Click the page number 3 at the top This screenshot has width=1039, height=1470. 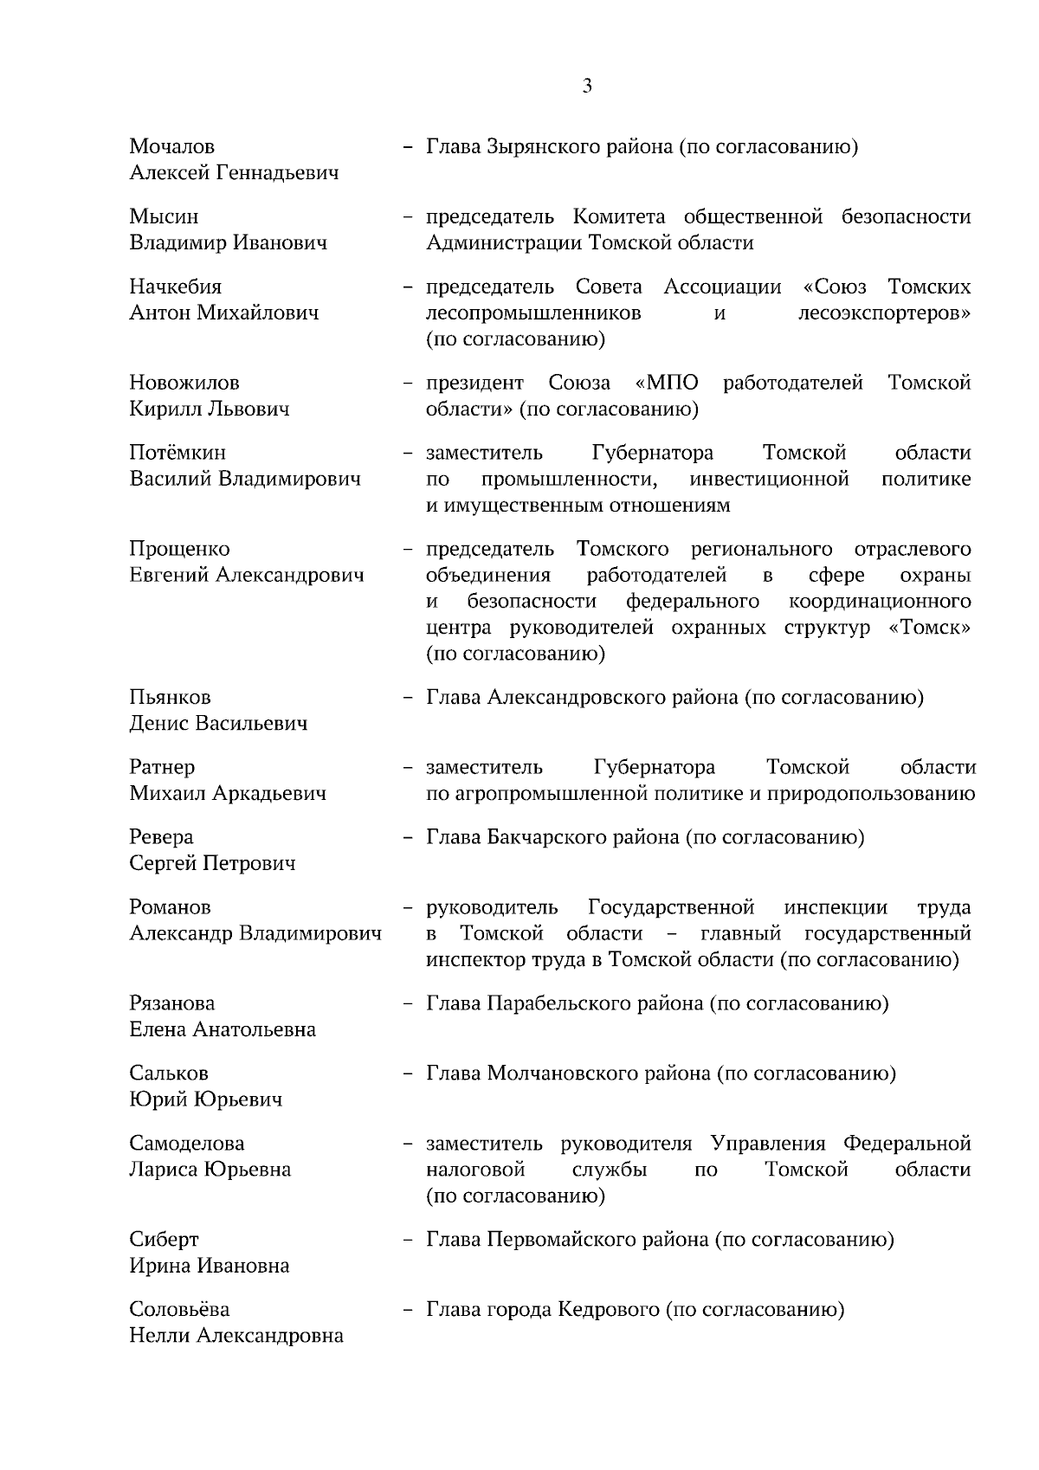pyautogui.click(x=587, y=86)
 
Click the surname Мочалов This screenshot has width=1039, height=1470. pyautogui.click(x=172, y=146)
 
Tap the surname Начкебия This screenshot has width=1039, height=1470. pyautogui.click(x=176, y=287)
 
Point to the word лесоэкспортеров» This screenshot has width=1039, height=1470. pyautogui.click(x=883, y=313)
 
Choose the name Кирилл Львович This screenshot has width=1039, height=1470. pyautogui.click(x=210, y=409)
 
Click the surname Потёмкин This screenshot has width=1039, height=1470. pyautogui.click(x=177, y=453)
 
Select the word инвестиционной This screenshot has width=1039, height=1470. pyautogui.click(x=769, y=479)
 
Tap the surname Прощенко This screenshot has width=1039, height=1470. pyautogui.click(x=179, y=549)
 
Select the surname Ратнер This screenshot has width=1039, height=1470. pyautogui.click(x=162, y=767)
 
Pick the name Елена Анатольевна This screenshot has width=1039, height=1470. pyautogui.click(x=223, y=1029)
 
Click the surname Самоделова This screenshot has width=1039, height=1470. pyautogui.click(x=187, y=1144)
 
